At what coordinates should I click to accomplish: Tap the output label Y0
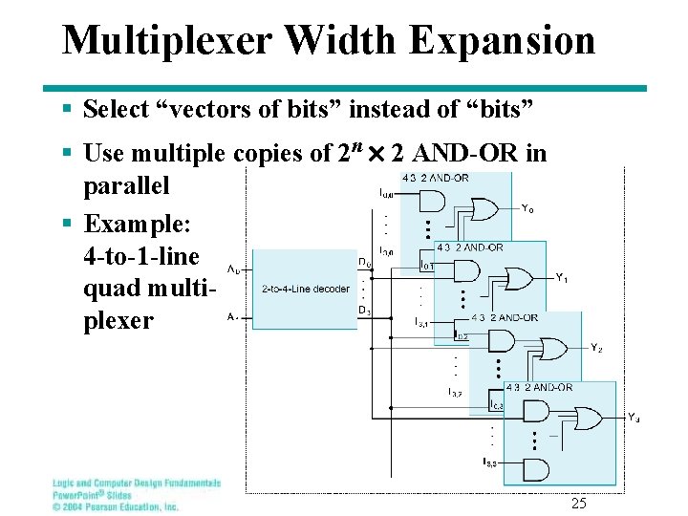click(527, 207)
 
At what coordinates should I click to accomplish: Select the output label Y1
click(563, 278)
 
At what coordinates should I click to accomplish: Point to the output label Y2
click(596, 349)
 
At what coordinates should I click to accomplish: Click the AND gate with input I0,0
click(432, 200)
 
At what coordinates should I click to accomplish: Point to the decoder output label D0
click(365, 262)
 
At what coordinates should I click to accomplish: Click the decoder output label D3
click(364, 311)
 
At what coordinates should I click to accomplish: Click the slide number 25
click(578, 504)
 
